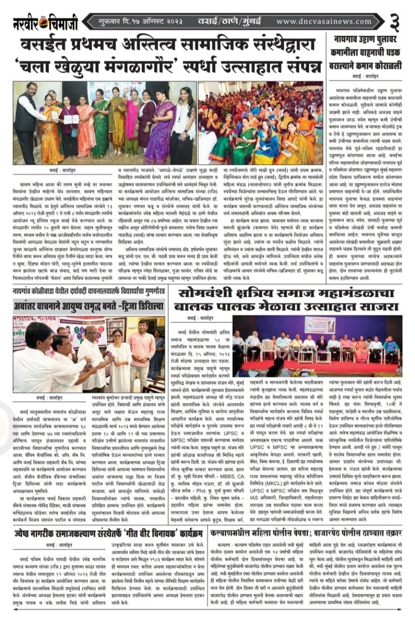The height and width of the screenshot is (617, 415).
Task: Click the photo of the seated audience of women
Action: [x=260, y=123]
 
